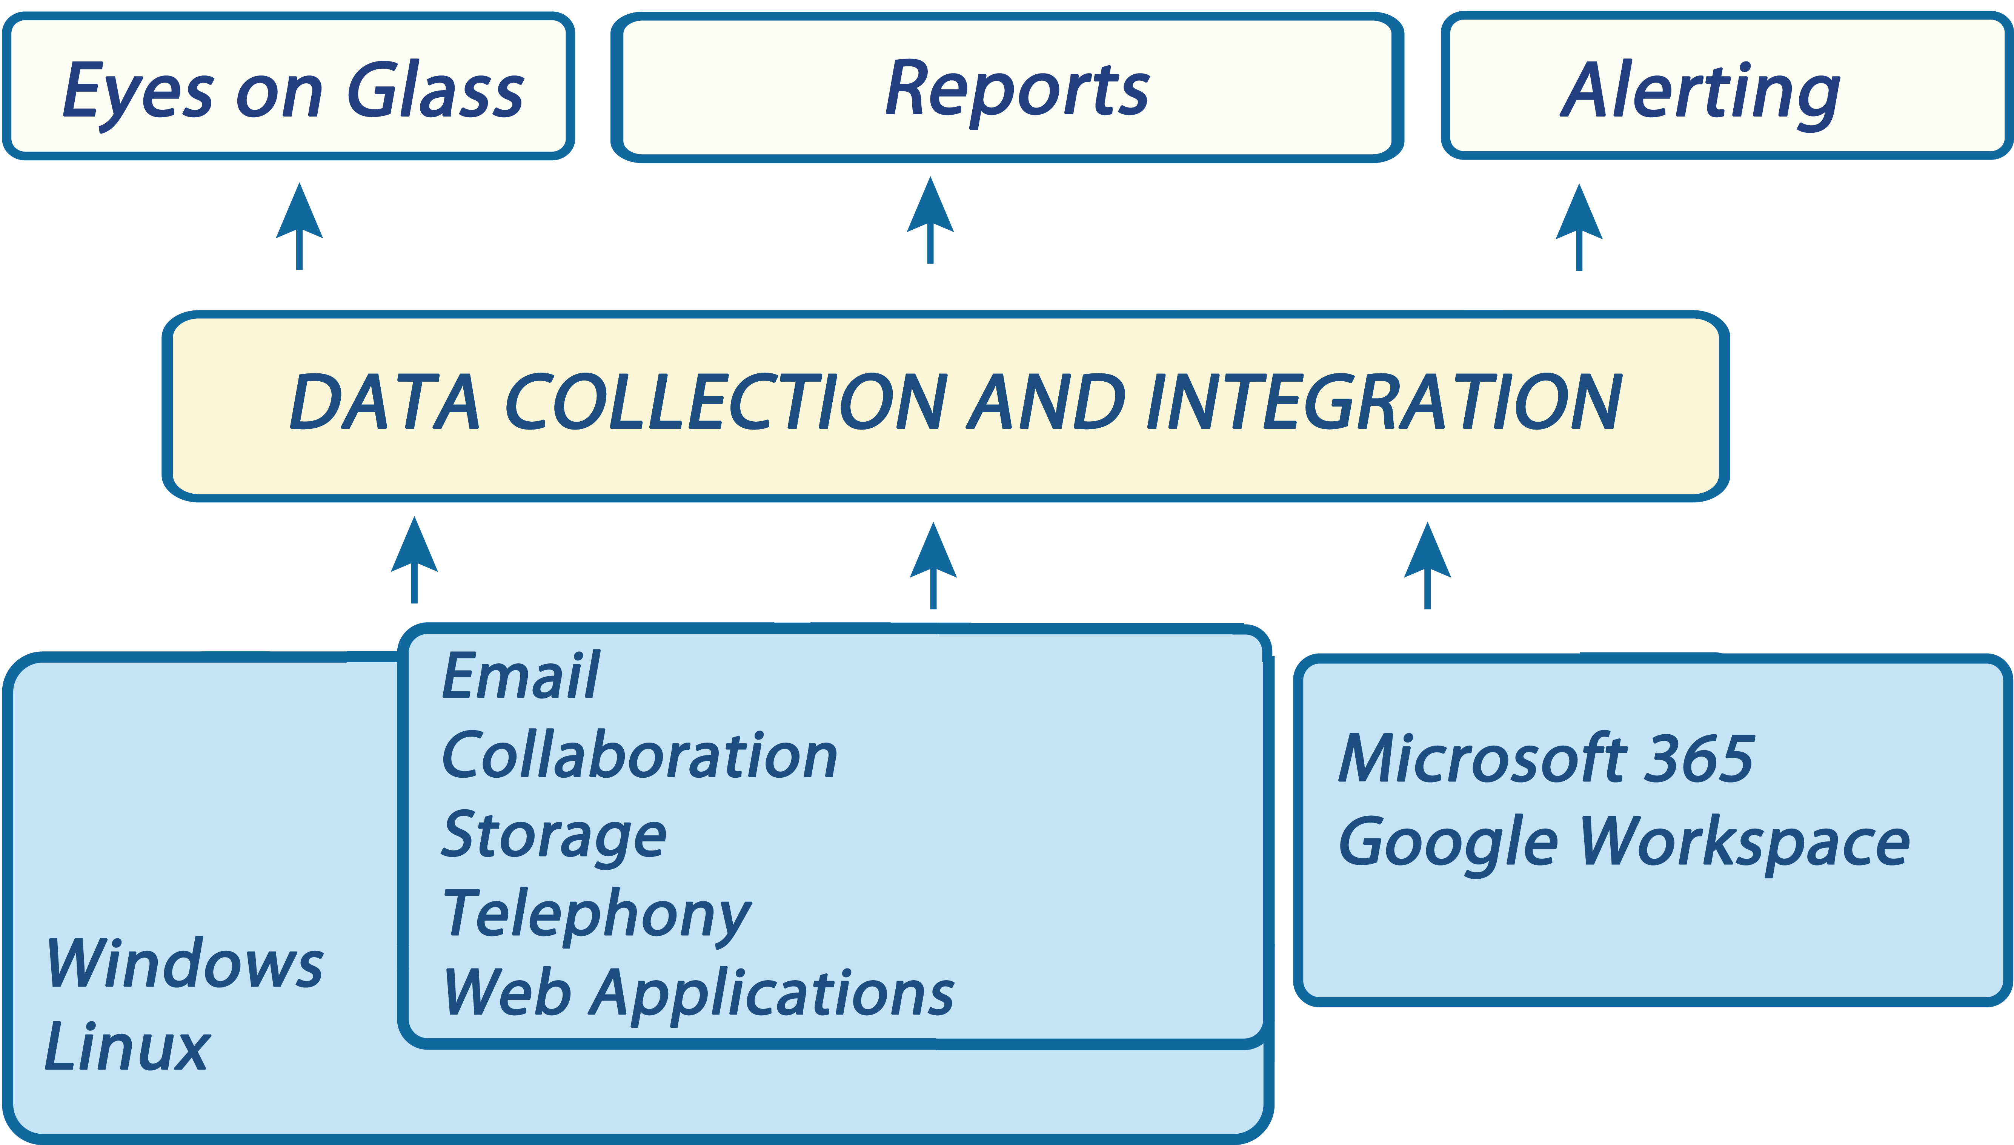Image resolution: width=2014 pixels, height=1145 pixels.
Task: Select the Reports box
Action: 1007,88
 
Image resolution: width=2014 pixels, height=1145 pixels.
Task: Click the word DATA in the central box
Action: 384,403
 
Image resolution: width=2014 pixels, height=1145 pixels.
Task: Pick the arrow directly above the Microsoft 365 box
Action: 1426,565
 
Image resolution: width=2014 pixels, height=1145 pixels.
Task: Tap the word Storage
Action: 553,835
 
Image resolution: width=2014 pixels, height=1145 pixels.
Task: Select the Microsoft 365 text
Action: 1546,760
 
